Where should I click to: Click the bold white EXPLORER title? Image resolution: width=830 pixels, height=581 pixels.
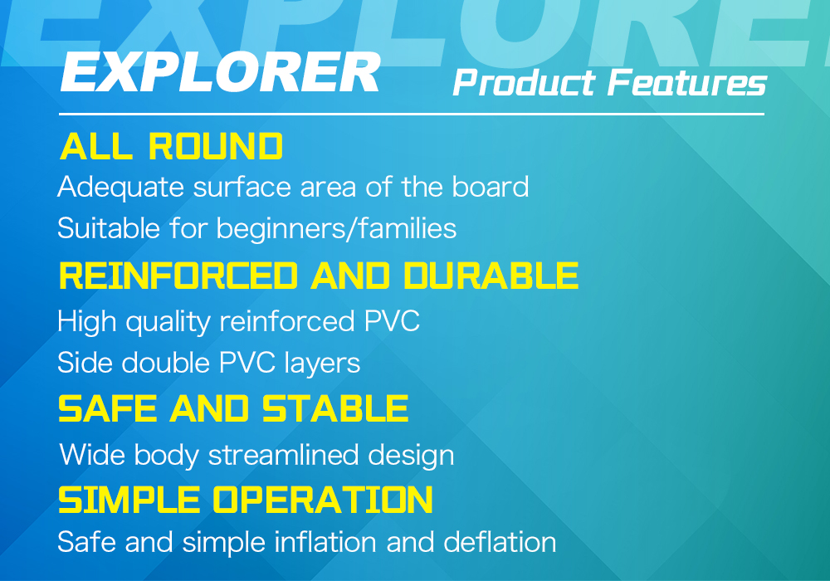(220, 72)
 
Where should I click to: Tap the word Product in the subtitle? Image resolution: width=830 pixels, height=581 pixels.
(524, 83)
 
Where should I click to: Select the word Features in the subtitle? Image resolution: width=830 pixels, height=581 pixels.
(687, 83)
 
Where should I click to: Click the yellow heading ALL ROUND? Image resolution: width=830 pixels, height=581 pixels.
(172, 146)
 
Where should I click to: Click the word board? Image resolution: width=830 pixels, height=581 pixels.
(491, 186)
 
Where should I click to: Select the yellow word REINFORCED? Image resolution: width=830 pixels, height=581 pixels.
(178, 276)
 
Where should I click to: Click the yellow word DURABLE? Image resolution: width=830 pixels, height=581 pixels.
(491, 276)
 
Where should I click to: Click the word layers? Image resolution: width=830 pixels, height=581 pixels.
(322, 364)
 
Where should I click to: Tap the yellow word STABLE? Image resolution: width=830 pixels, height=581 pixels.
(335, 409)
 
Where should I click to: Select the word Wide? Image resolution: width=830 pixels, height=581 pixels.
(92, 455)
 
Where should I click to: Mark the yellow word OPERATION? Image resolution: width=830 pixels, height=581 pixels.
(323, 500)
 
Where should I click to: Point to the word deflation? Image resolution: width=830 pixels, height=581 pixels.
(500, 542)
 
